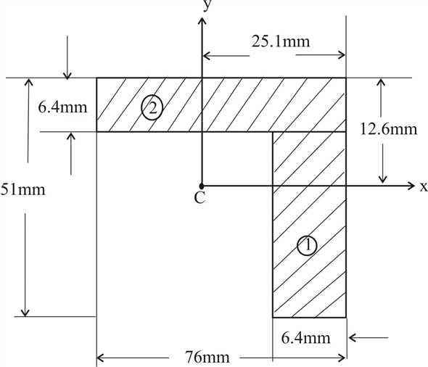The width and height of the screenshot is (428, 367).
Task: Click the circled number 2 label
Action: point(152,109)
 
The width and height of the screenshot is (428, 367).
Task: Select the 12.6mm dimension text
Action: point(388,129)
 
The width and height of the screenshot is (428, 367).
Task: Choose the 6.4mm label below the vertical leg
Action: point(307,337)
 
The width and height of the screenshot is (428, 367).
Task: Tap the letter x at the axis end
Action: point(423,186)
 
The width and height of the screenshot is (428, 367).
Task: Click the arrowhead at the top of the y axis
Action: point(201,16)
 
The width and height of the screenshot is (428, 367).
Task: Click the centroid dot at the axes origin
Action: point(201,186)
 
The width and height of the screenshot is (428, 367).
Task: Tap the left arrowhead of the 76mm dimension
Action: point(101,356)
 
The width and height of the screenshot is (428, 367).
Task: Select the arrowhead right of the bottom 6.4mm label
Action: point(352,337)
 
